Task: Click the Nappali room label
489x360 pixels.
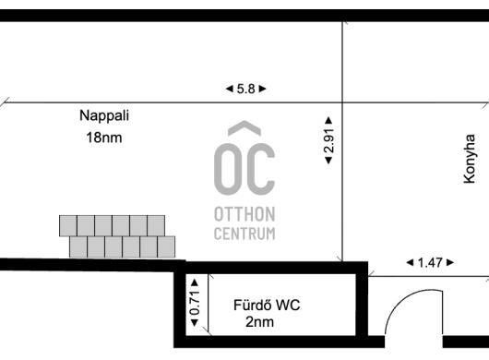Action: click(104, 115)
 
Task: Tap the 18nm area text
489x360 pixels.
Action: click(104, 138)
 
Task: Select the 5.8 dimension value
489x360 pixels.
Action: click(245, 89)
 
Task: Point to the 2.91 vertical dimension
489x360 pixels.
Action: click(328, 140)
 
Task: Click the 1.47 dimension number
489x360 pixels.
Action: click(430, 263)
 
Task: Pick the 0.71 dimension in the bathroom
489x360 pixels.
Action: click(195, 303)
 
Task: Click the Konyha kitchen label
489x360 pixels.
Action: click(470, 159)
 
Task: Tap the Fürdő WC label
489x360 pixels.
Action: click(267, 306)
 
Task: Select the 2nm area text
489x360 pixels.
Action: click(260, 322)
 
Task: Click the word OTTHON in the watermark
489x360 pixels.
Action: click(244, 214)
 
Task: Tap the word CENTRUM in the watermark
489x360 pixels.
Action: click(244, 234)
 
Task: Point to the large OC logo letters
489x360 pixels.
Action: click(244, 169)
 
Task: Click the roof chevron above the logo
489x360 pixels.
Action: click(244, 127)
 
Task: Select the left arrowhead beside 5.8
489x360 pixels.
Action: click(229, 89)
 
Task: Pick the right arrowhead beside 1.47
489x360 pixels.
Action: click(450, 263)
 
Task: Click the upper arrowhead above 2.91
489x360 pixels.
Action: click(328, 120)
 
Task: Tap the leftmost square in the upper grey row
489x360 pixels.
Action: click(68, 225)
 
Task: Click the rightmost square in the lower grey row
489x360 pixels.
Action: click(166, 246)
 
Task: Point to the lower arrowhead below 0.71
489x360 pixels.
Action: click(195, 322)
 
